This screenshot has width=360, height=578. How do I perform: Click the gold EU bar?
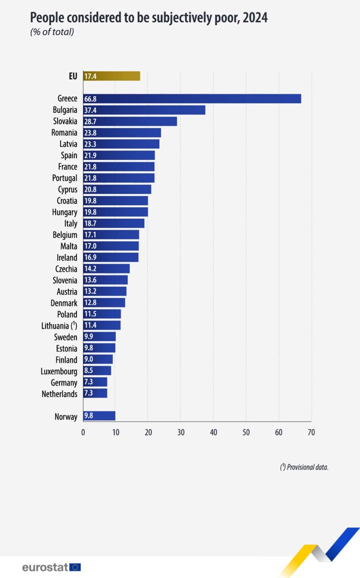(112, 76)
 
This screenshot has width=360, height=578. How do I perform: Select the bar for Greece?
(192, 99)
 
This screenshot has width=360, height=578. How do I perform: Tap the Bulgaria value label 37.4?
(90, 110)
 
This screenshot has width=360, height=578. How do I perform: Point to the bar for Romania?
(122, 133)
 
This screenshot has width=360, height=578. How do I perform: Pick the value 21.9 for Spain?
(90, 156)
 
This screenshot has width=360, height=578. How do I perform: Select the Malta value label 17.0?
(90, 246)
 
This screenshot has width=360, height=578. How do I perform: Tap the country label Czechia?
(66, 269)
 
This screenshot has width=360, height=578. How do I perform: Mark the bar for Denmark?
(104, 303)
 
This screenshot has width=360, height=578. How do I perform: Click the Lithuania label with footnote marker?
(59, 326)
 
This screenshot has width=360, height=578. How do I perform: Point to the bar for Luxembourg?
(97, 371)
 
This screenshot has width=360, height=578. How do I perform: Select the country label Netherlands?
(59, 394)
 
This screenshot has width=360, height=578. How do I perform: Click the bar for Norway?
(99, 416)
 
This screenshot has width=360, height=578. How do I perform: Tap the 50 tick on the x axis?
(246, 433)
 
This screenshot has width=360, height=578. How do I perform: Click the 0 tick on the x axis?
(83, 433)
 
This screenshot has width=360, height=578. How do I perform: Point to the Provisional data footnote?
(304, 467)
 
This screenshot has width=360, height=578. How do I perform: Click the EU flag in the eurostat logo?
(75, 567)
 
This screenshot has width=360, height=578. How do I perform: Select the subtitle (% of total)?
(52, 32)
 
